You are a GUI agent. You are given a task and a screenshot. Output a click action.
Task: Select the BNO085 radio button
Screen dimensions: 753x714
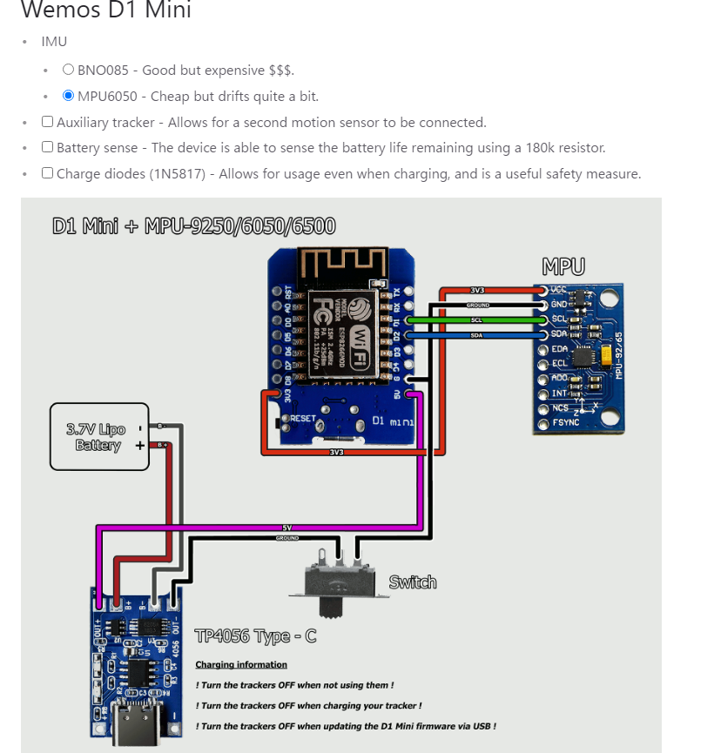point(69,70)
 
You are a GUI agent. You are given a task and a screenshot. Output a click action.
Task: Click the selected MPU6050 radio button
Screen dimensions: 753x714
point(69,96)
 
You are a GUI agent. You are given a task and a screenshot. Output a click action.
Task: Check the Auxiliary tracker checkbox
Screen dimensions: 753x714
point(48,122)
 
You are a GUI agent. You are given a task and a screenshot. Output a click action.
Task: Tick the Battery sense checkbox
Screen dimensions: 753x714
point(48,147)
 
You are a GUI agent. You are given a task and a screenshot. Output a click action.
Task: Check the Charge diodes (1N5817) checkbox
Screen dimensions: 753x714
point(48,172)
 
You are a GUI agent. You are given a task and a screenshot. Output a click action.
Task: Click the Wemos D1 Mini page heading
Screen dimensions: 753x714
point(105,11)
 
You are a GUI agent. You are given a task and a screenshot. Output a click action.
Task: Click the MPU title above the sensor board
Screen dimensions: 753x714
point(562,266)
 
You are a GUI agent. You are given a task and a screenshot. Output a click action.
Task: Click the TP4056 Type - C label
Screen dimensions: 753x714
point(255,636)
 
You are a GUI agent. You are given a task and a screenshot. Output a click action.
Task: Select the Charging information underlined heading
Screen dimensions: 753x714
point(241,664)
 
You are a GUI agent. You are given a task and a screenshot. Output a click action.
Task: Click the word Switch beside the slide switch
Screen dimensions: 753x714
point(412,582)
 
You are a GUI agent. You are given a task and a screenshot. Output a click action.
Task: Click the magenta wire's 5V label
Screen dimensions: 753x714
point(287,528)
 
